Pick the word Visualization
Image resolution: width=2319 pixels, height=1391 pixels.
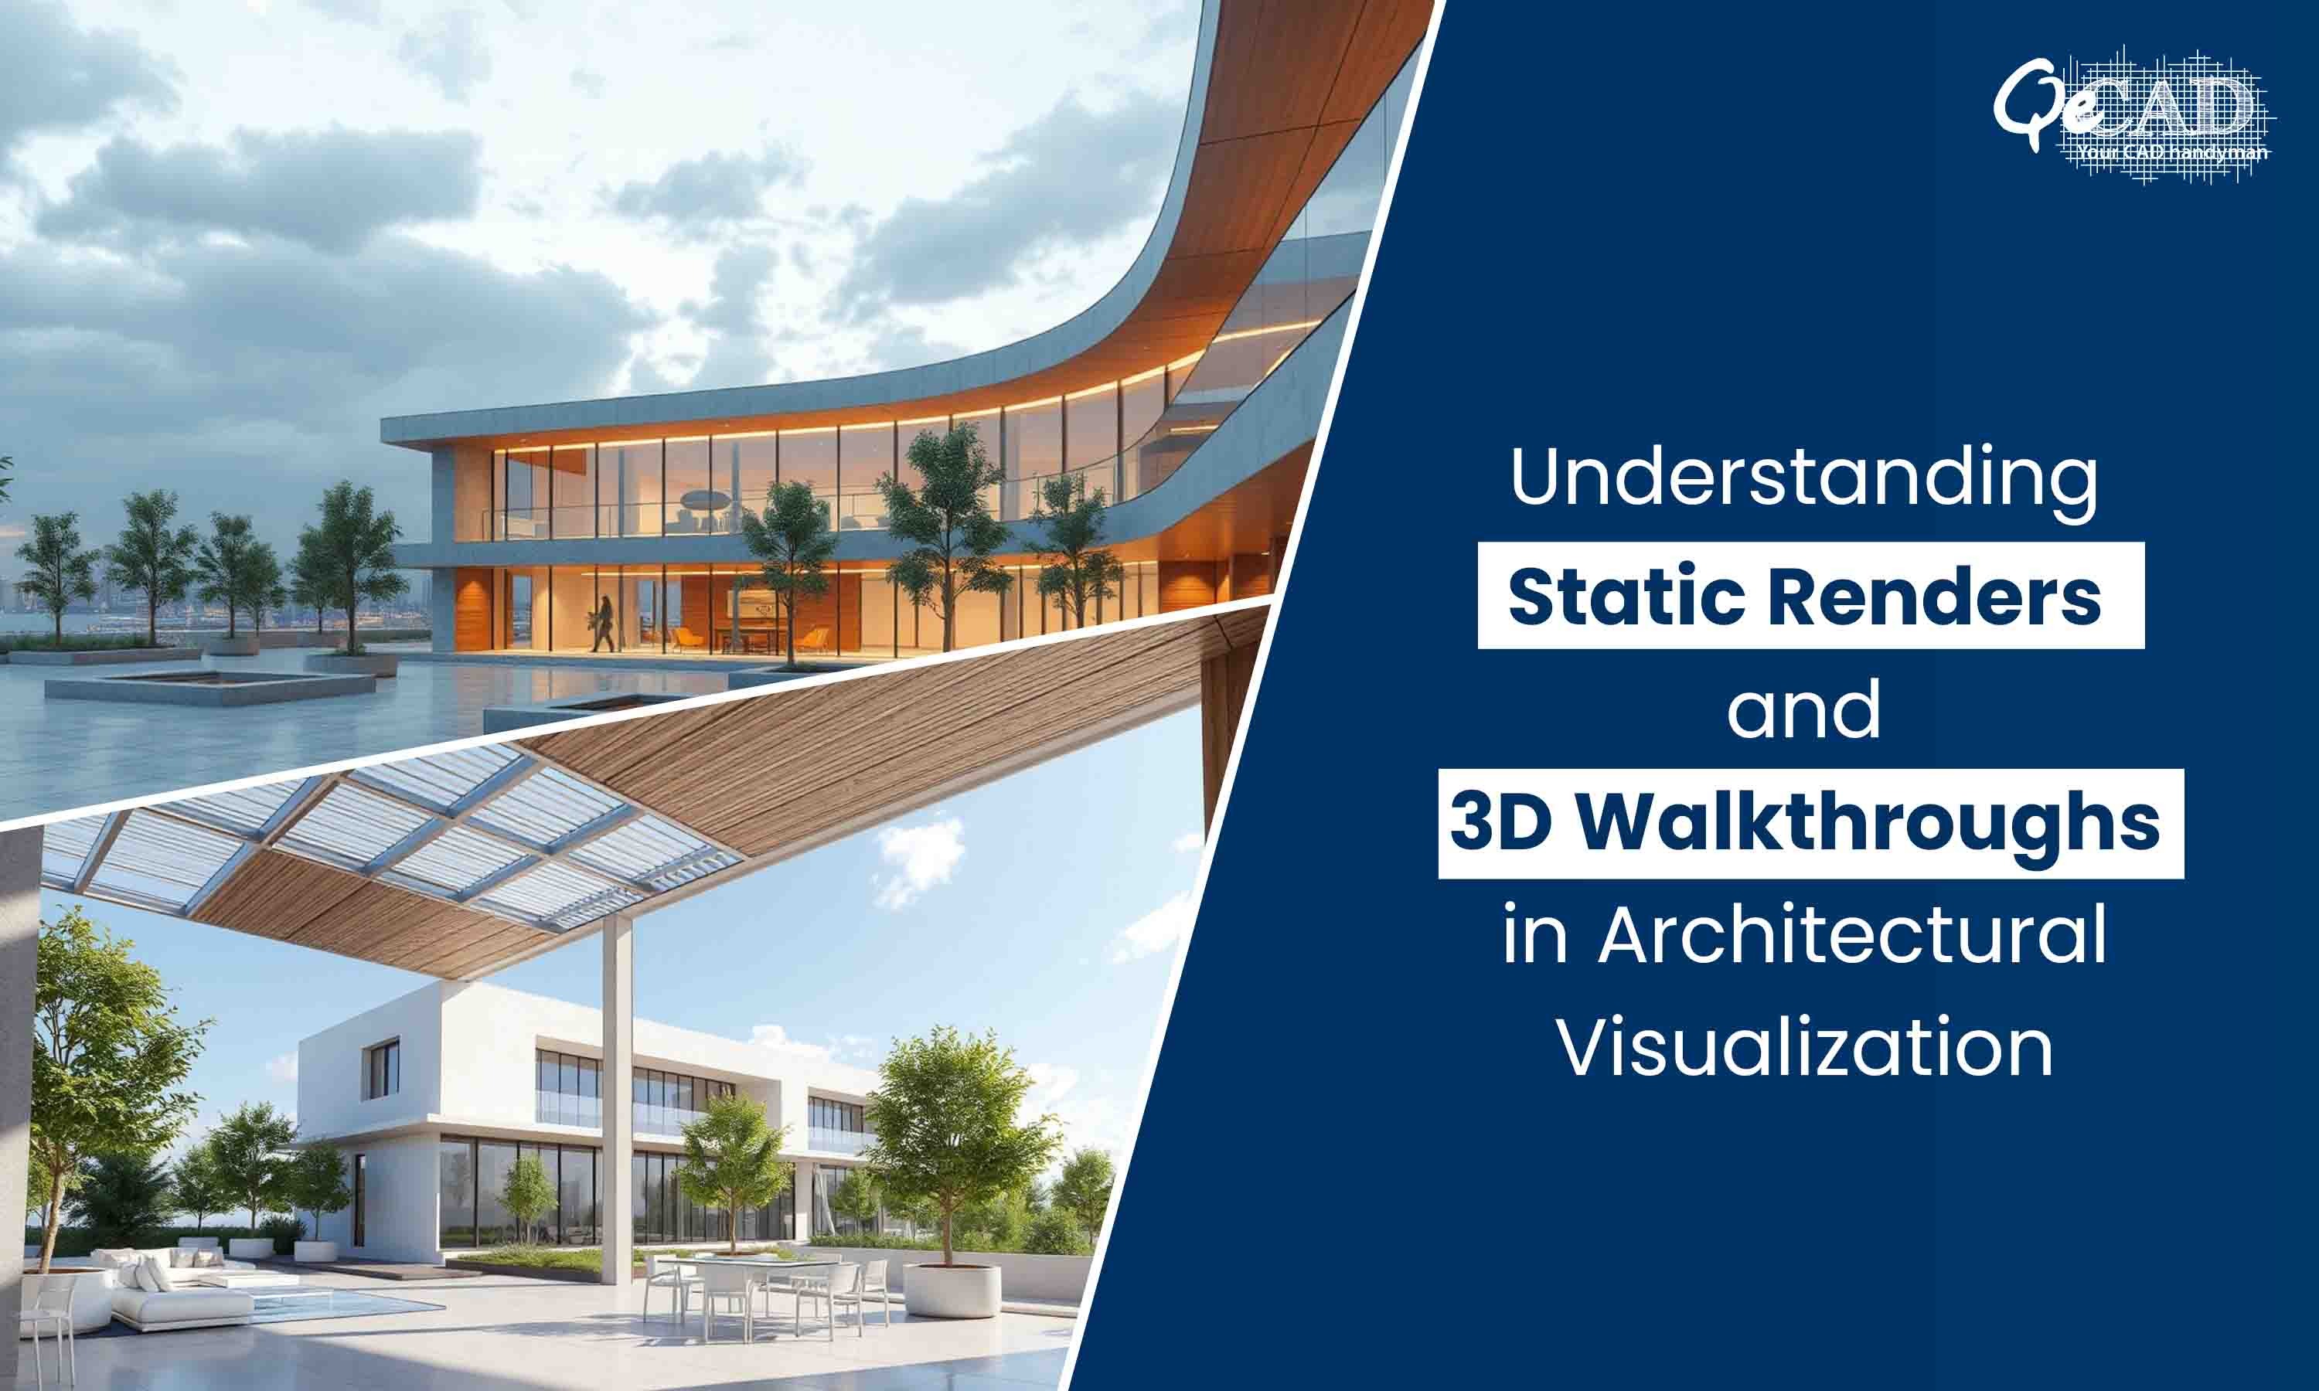pyautogui.click(x=1805, y=1047)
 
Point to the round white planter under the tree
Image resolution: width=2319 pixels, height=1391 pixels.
pyautogui.click(x=952, y=1289)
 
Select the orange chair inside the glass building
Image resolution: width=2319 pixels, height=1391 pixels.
pyautogui.click(x=689, y=638)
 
